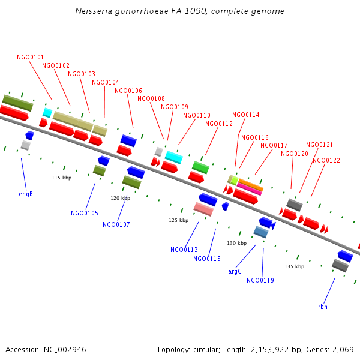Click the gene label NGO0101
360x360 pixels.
click(x=30, y=58)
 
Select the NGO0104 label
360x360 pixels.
click(x=105, y=83)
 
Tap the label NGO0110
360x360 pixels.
click(x=196, y=116)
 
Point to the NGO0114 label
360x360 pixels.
click(x=245, y=115)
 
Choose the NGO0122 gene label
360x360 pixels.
click(x=326, y=161)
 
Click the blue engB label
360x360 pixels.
click(x=26, y=194)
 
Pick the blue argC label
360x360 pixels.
click(x=235, y=272)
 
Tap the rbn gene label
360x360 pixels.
click(x=322, y=307)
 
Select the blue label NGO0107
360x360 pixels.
click(x=116, y=225)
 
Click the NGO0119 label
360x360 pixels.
click(x=260, y=281)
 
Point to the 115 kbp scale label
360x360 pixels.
click(x=61, y=178)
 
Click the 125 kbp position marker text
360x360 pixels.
click(x=178, y=221)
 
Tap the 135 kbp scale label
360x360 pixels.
click(x=294, y=266)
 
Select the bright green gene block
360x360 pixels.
click(x=200, y=167)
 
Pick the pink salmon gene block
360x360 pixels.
click(x=203, y=209)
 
